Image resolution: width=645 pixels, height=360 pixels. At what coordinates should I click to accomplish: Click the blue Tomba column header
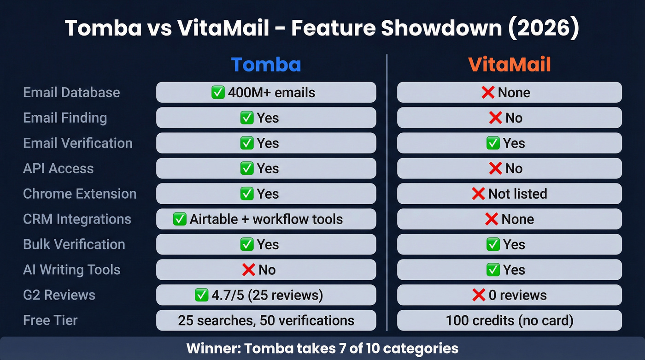tap(266, 65)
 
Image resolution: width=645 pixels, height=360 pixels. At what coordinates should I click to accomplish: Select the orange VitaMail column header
tap(510, 65)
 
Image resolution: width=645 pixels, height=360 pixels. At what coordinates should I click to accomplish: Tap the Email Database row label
tap(71, 92)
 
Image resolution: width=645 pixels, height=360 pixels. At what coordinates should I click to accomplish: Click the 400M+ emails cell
tap(266, 92)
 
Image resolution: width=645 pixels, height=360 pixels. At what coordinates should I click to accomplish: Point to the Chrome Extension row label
tap(80, 194)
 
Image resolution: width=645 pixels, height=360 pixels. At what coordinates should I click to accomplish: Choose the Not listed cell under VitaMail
tap(510, 194)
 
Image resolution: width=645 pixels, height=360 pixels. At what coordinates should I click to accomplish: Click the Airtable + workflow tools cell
tap(266, 219)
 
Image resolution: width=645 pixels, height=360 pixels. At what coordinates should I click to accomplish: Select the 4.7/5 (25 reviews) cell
tap(266, 295)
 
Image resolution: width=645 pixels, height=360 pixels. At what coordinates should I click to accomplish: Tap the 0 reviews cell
tap(510, 295)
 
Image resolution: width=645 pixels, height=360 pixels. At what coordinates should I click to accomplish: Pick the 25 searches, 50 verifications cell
tap(266, 320)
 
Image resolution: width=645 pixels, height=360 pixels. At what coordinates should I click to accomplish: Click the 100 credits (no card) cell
tap(510, 320)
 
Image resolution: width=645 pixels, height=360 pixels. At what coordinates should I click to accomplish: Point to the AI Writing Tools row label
tap(71, 270)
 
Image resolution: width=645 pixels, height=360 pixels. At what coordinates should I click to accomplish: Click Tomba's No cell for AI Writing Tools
tap(266, 270)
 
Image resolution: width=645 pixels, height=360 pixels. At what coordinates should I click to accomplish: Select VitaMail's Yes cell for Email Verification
tap(510, 143)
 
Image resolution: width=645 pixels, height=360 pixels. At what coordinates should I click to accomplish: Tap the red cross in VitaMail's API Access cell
tap(495, 168)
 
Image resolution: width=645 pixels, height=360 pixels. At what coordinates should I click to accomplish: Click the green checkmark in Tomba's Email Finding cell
tap(247, 118)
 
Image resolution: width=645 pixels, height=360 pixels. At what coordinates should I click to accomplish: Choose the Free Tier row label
tap(50, 320)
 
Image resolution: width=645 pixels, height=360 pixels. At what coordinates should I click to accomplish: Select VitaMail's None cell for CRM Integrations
tap(510, 219)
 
